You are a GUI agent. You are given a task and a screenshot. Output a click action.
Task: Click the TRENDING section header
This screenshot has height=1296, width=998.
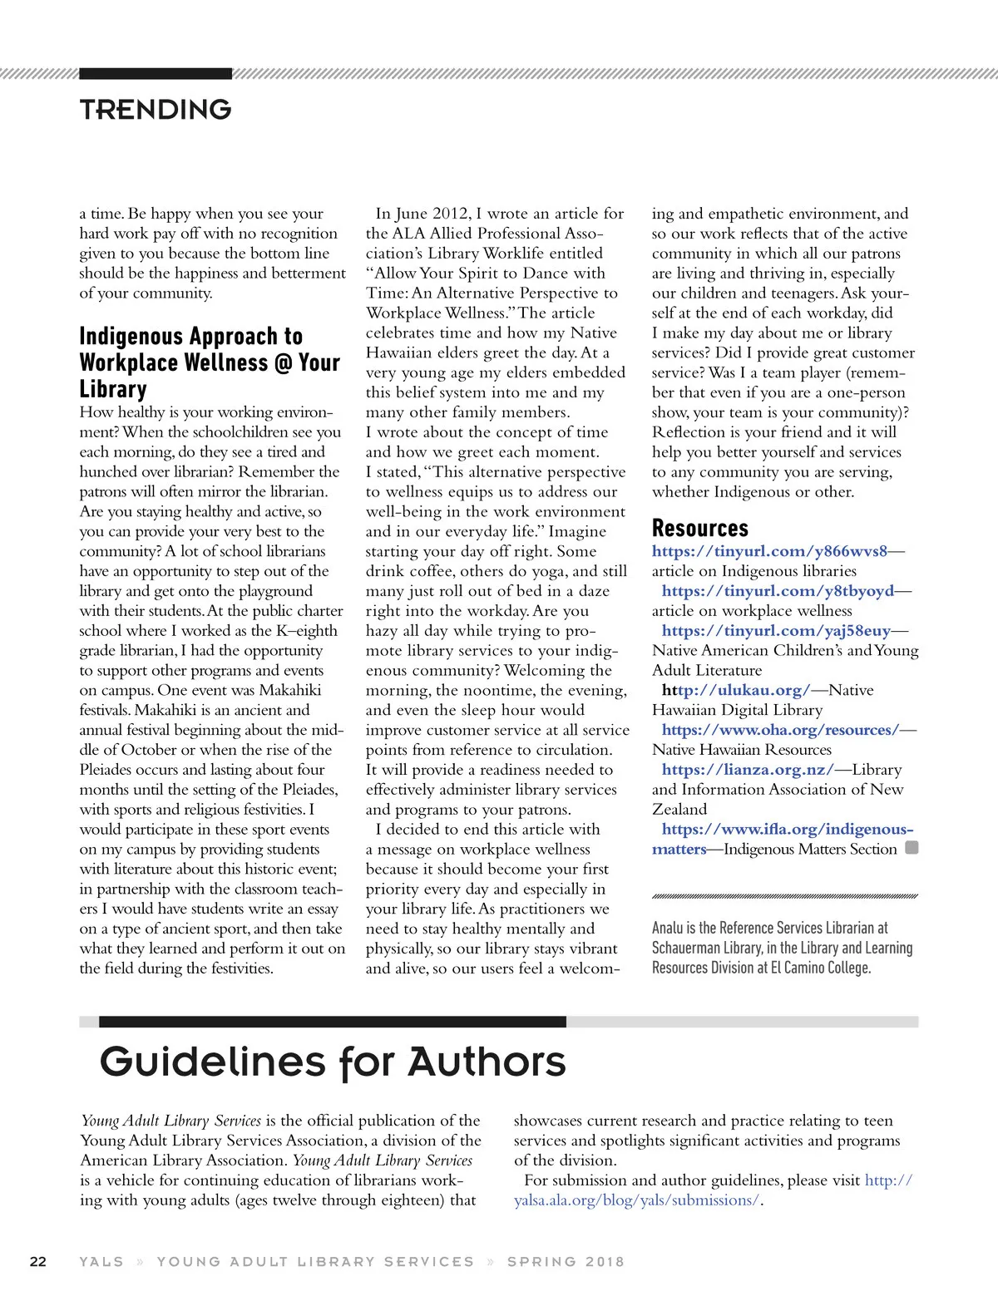click(156, 109)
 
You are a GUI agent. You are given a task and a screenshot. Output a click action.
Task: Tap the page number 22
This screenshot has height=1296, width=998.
click(38, 1261)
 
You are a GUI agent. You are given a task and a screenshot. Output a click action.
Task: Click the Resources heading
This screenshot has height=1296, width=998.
click(699, 528)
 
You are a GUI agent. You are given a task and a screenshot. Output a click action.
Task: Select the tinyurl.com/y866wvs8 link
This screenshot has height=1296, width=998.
click(769, 551)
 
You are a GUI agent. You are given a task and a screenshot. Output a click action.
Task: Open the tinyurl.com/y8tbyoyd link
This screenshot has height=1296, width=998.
click(778, 591)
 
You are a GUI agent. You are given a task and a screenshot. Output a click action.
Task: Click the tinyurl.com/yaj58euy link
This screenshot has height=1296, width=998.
click(776, 631)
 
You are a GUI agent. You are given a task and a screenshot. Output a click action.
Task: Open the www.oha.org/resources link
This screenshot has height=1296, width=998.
click(780, 730)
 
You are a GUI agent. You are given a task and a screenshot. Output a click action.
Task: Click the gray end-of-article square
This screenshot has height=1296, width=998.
click(912, 848)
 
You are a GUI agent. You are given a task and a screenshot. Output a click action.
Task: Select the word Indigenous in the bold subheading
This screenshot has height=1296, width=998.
click(132, 337)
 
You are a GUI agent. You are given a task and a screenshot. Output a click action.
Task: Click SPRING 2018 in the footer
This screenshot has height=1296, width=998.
click(566, 1261)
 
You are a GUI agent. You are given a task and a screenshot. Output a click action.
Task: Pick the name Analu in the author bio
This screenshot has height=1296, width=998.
click(669, 928)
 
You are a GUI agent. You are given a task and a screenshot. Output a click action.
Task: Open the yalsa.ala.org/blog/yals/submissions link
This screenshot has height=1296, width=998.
click(637, 1200)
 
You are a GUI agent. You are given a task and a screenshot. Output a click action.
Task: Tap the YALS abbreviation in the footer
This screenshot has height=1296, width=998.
click(101, 1261)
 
